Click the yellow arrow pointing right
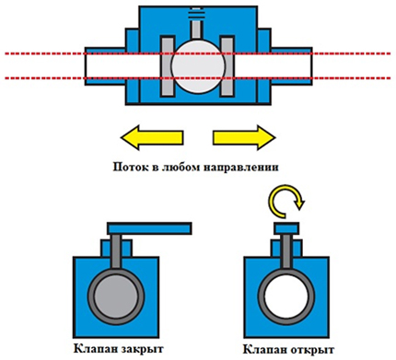coord(244,137)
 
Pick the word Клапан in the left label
coord(93,349)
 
